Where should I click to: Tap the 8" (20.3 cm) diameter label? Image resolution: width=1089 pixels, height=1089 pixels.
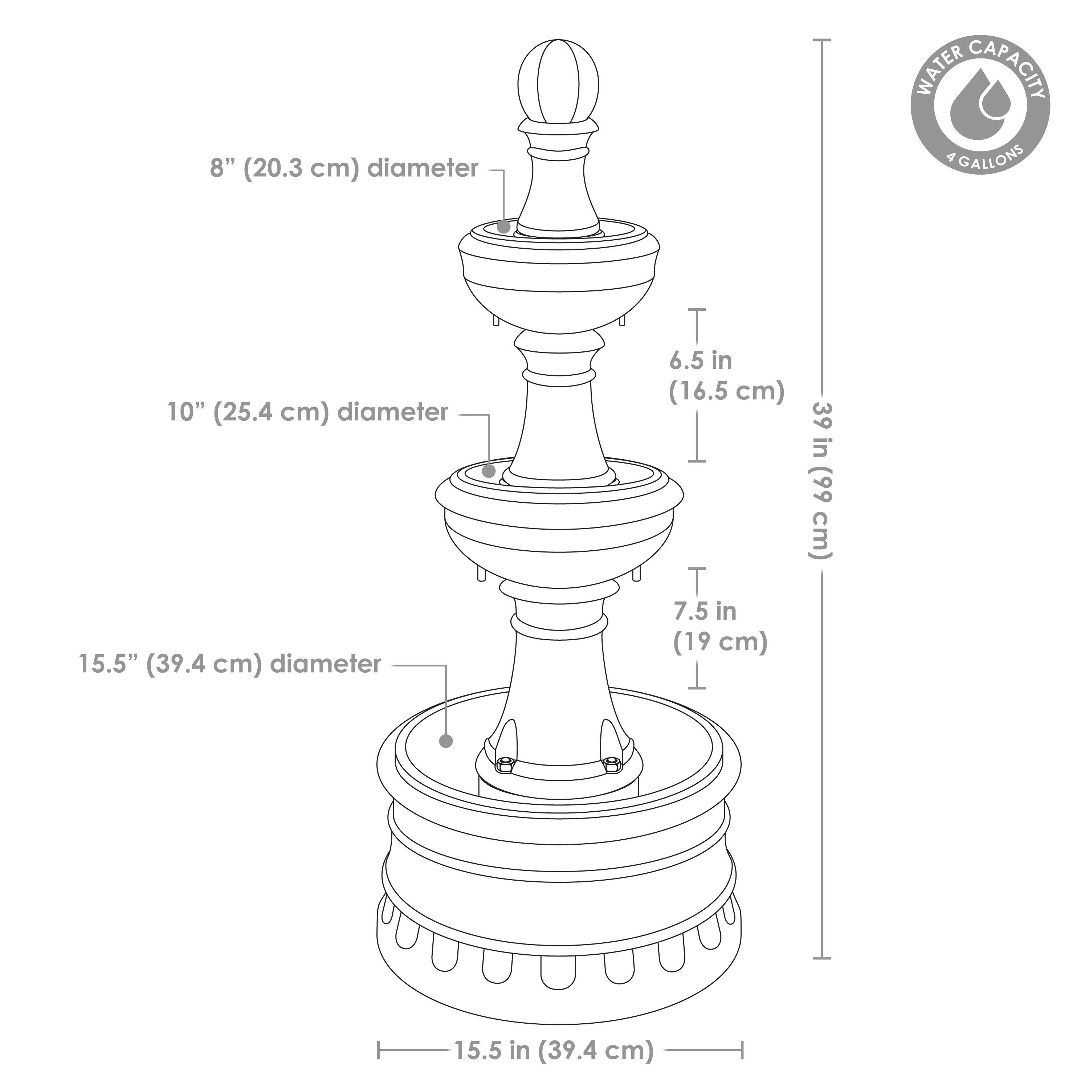point(344,168)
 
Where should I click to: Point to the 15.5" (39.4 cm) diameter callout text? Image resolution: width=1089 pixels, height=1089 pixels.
point(230,664)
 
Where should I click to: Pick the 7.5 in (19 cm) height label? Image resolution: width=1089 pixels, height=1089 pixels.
point(720,626)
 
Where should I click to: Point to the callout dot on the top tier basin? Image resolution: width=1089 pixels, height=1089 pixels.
point(504,227)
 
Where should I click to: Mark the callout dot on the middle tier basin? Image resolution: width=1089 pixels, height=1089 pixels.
point(489,470)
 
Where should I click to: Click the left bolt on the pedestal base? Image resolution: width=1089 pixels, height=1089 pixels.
point(503,764)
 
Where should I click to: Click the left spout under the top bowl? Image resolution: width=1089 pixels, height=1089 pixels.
point(496,319)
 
